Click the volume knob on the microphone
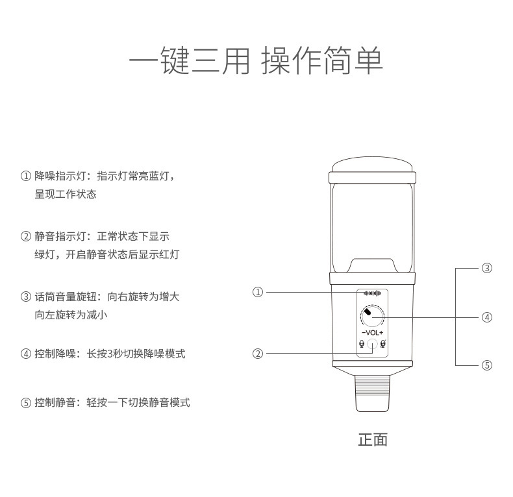click(373, 317)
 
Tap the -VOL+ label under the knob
click(373, 333)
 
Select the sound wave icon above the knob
click(373, 293)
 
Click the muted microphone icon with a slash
click(384, 345)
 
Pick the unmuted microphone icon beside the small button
click(361, 345)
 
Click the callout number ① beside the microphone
click(258, 293)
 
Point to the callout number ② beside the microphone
click(258, 354)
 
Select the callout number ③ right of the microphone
click(487, 268)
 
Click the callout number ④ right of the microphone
click(487, 317)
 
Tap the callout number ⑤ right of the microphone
click(487, 365)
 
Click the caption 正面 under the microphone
click(373, 439)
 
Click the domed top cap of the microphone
click(373, 164)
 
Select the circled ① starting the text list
click(26, 176)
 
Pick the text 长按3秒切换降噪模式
click(136, 354)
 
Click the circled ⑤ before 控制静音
click(26, 402)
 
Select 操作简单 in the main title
click(322, 61)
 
